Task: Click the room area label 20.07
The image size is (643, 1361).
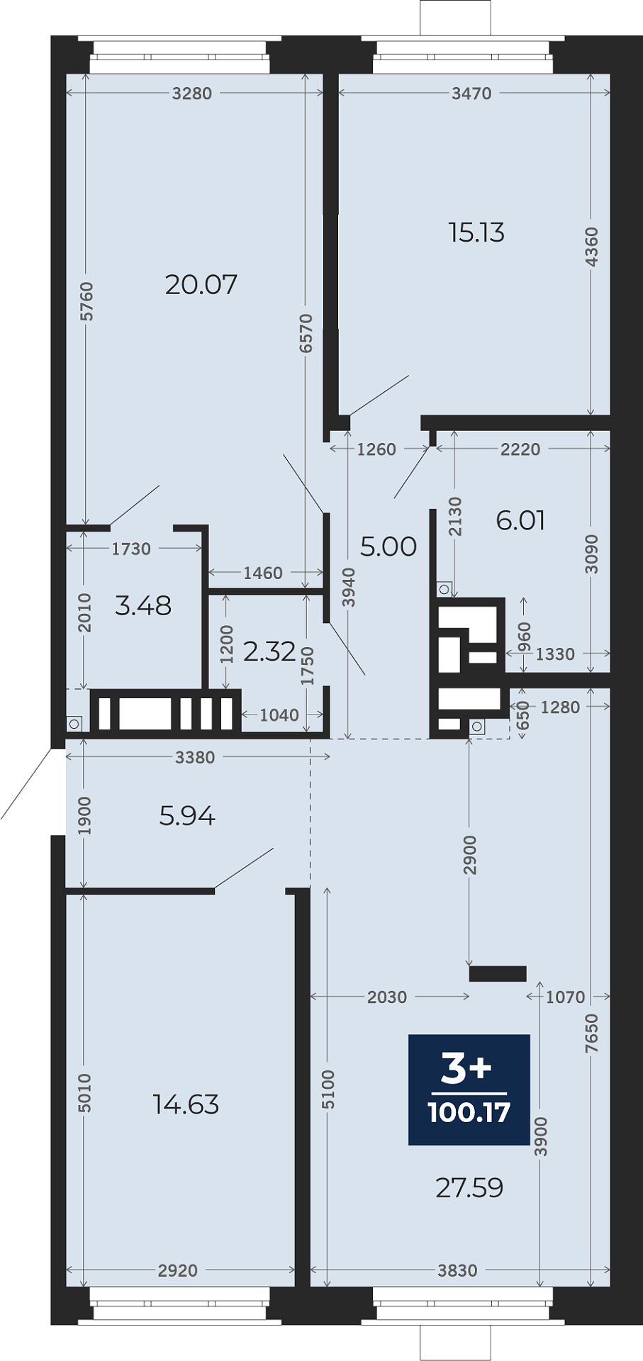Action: click(x=201, y=284)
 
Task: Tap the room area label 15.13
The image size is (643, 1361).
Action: click(x=476, y=233)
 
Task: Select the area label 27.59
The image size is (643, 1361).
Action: click(x=469, y=1187)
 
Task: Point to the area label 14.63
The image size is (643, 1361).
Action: click(x=186, y=1104)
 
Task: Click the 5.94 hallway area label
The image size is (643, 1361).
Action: click(x=187, y=816)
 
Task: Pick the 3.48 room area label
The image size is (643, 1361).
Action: click(x=143, y=605)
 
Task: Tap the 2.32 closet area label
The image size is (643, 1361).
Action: click(x=269, y=651)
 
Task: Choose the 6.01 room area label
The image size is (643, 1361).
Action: click(x=521, y=520)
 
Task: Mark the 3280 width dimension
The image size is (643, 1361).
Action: click(x=192, y=94)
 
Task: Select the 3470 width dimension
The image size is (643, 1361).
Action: click(x=472, y=94)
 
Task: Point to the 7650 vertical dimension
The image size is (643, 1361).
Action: click(x=592, y=1034)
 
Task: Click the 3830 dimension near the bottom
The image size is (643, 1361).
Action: click(x=457, y=1270)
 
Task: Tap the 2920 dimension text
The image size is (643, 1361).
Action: click(x=178, y=1270)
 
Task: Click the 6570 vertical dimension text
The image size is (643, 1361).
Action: click(x=306, y=333)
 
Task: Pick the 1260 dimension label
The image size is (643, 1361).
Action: click(x=376, y=449)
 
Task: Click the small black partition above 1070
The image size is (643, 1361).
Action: click(x=498, y=974)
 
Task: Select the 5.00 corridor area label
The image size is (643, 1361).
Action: click(x=388, y=547)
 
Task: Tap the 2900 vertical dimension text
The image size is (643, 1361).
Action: click(x=470, y=856)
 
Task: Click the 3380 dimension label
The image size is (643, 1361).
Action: click(x=195, y=758)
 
